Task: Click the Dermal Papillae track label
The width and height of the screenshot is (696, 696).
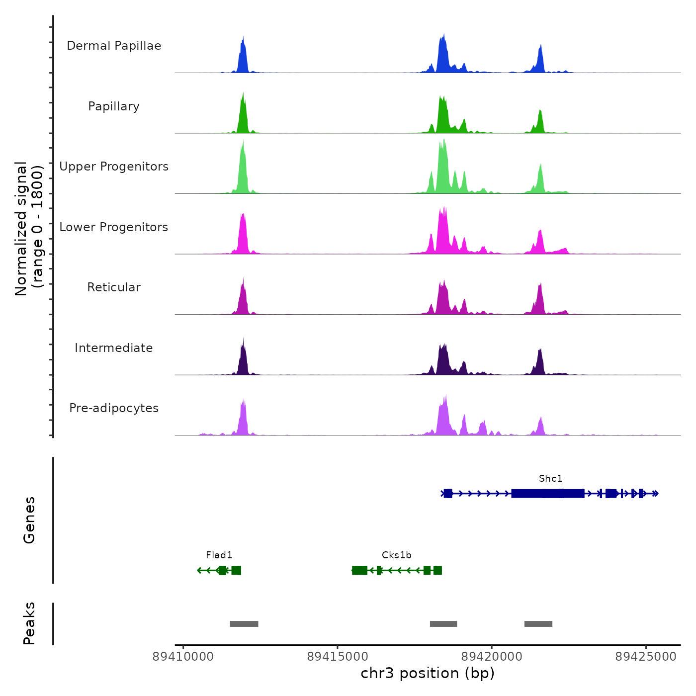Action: tap(114, 46)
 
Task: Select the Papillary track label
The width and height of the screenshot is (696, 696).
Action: tap(114, 106)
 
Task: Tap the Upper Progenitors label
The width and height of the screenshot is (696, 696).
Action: tap(114, 167)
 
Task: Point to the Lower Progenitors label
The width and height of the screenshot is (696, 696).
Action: tap(114, 227)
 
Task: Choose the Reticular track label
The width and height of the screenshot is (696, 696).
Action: tap(114, 287)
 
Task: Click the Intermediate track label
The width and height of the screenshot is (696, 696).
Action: tap(114, 348)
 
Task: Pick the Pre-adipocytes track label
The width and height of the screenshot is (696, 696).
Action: tap(114, 408)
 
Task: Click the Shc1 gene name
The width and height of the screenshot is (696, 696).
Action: tap(550, 479)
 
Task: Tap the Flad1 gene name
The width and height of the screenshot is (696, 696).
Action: tap(219, 555)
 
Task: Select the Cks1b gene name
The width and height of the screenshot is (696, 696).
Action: tap(396, 555)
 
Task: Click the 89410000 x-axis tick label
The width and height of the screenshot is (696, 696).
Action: tap(183, 657)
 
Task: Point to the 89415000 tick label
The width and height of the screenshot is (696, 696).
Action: tap(338, 657)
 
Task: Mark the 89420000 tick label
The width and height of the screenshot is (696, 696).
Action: tap(492, 657)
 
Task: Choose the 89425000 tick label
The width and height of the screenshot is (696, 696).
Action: tap(646, 657)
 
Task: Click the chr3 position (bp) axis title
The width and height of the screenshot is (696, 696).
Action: tap(428, 673)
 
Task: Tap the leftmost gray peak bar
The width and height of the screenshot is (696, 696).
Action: tap(244, 624)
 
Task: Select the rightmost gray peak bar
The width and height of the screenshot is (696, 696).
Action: tap(538, 624)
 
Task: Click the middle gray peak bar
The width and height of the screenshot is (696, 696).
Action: tap(443, 624)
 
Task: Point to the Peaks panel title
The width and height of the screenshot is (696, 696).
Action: tap(29, 623)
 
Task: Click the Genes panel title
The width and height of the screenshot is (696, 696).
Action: tap(29, 520)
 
